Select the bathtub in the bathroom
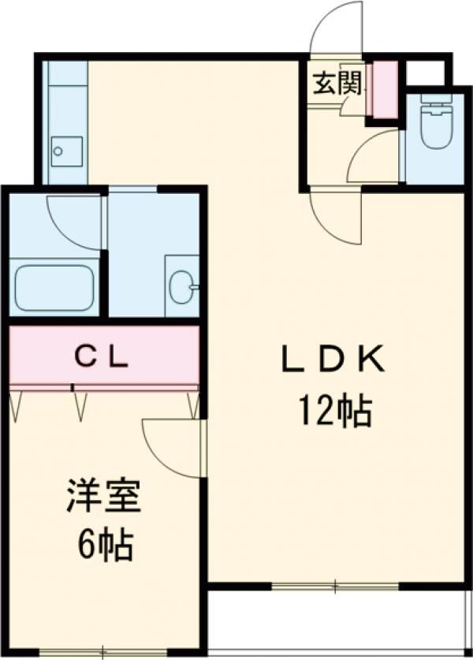54,288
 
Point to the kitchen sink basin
67,151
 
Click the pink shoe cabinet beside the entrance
384,89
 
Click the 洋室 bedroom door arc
172,448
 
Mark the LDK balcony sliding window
335,586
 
